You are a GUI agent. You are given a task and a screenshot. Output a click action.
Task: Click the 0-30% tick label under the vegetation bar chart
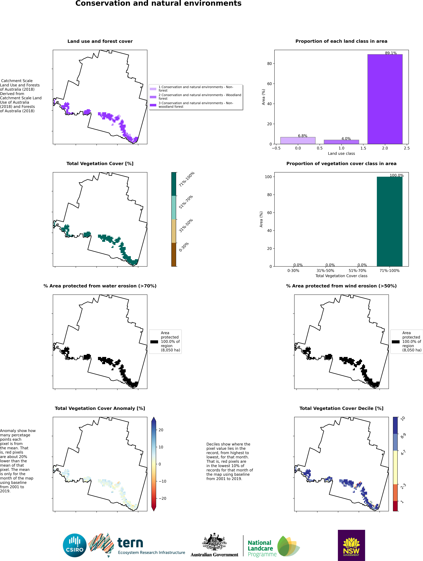pos(293,271)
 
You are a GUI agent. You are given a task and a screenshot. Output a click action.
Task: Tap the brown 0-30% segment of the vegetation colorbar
pos(174,254)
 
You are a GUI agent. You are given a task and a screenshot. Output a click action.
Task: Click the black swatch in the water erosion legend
pos(154,342)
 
